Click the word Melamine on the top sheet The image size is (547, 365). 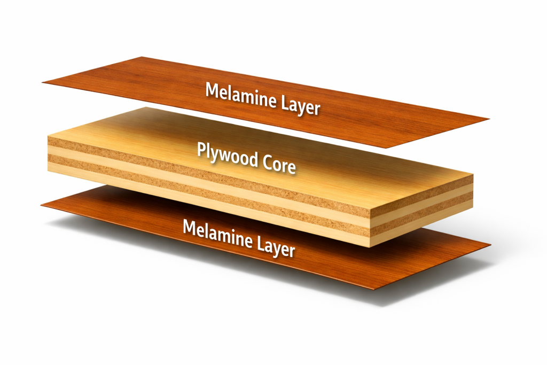point(241,95)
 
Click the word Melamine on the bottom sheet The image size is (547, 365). point(218,234)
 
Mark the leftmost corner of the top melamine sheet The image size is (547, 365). point(43,82)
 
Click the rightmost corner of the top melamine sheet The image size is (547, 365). point(489,119)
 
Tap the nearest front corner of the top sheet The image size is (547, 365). point(387,148)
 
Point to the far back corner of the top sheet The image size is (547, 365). point(141,57)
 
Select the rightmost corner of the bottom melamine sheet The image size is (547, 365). point(491,245)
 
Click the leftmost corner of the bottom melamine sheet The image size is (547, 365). point(41,205)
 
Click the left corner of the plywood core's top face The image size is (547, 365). point(48,136)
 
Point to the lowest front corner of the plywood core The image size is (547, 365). point(370,247)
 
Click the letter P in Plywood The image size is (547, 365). point(201,150)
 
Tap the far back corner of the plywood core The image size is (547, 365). point(146,107)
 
